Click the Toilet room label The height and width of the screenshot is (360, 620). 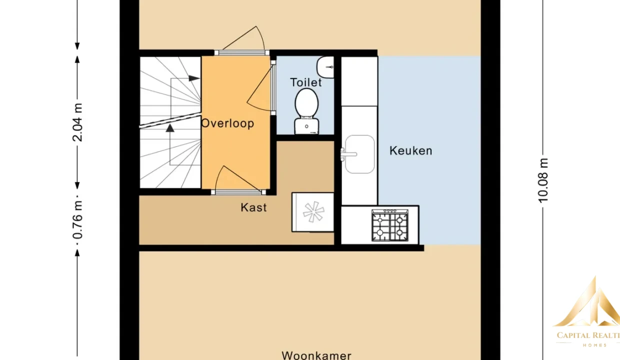[306, 82]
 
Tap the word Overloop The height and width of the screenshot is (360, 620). [227, 123]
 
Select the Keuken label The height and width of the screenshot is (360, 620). [411, 151]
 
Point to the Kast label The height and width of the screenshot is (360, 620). [253, 207]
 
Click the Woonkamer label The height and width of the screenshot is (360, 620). [316, 355]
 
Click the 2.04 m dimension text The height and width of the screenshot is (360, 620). [77, 122]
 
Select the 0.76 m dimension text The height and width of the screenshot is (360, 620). [77, 220]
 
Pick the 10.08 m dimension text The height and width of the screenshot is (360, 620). [543, 180]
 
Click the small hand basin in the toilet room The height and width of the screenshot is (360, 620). [325, 67]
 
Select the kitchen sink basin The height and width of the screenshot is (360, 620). [360, 154]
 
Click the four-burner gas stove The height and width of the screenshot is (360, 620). [389, 225]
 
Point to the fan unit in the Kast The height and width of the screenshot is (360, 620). [313, 212]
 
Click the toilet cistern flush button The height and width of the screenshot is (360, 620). [306, 126]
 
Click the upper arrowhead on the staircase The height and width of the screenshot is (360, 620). [194, 78]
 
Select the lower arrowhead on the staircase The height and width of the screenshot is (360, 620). [170, 128]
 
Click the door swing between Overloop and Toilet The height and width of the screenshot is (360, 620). [259, 88]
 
